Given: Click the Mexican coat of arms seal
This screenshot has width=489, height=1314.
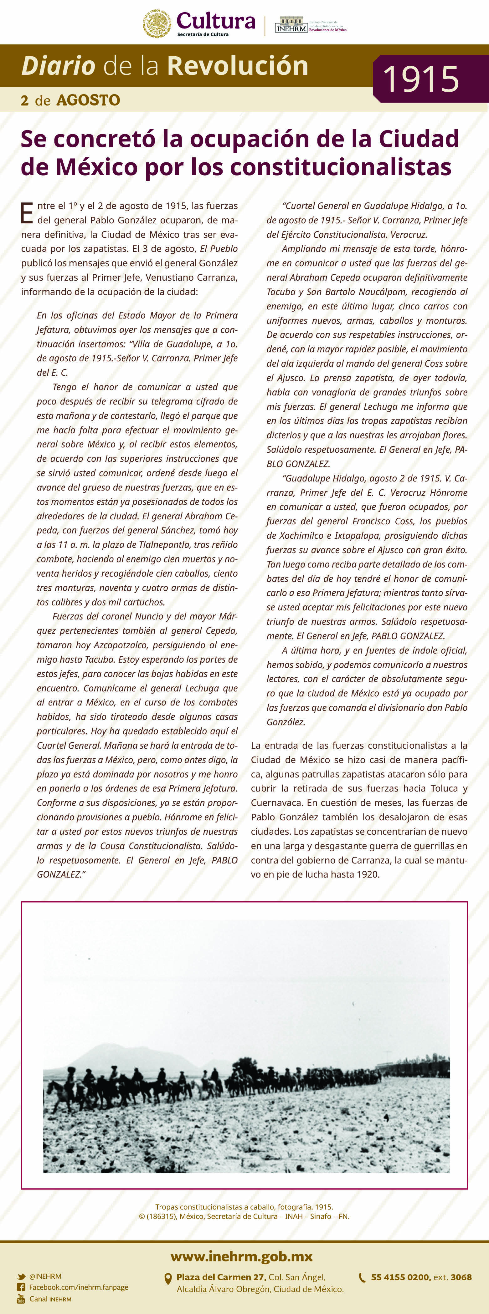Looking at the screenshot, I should coord(157,23).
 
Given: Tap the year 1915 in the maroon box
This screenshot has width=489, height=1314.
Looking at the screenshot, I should coord(421,79).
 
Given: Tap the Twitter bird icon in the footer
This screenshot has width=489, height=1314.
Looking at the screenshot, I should coord(21,1276).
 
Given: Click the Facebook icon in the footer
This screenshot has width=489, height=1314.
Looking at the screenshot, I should coord(21,1287).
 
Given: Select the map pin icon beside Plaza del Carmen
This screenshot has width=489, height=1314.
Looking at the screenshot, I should coord(167,1279).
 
